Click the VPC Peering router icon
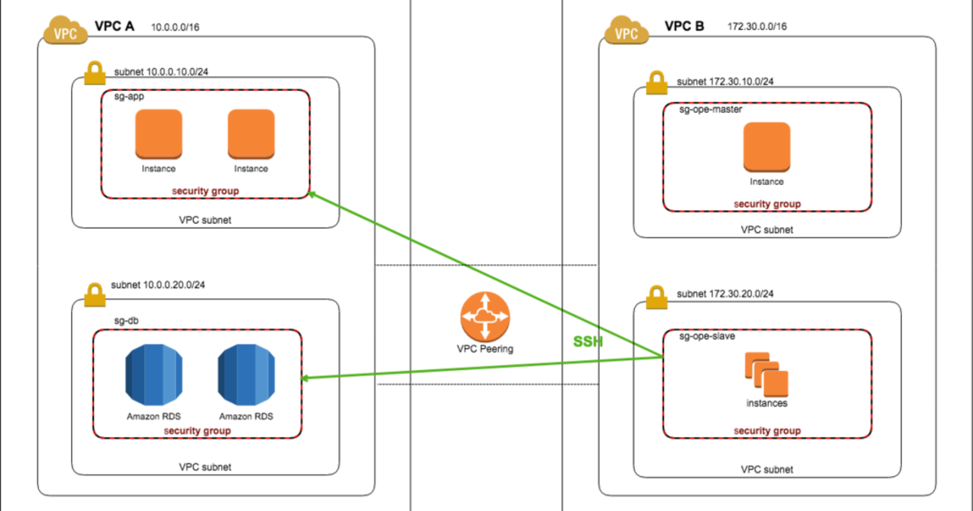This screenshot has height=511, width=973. (486, 317)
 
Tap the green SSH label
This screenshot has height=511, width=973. (588, 342)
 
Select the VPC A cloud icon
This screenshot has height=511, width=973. (64, 32)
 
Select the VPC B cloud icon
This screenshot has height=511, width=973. (626, 32)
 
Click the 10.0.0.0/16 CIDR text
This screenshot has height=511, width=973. (175, 28)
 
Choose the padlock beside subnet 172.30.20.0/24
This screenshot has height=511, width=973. (655, 298)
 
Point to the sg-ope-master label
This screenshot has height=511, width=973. (710, 109)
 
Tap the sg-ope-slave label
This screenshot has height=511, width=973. (706, 336)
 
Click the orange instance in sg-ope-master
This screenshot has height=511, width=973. (766, 146)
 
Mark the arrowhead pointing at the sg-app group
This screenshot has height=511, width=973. (313, 195)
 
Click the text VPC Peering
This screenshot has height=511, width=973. (485, 349)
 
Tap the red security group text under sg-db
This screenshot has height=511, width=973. (197, 430)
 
